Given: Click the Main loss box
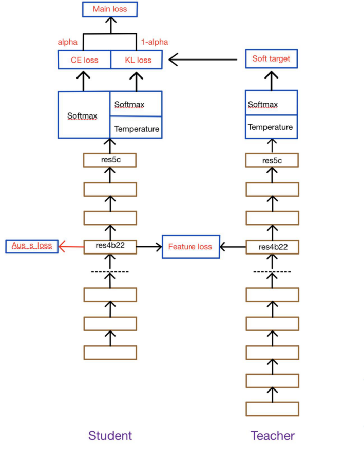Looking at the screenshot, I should [x=109, y=9].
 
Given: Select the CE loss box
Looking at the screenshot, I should [x=84, y=60].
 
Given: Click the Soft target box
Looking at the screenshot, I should [x=271, y=58].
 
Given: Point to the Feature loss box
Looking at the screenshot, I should [x=190, y=247].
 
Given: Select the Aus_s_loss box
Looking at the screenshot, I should [x=32, y=246].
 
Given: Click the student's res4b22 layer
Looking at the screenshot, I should [x=110, y=246].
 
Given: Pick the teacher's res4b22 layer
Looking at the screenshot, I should [x=272, y=247].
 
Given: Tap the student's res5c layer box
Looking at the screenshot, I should [x=110, y=160].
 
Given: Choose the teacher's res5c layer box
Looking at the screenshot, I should [x=272, y=161].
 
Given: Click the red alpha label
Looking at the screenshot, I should [x=67, y=42].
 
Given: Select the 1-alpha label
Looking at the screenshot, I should [x=154, y=42].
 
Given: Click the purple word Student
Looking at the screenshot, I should [x=110, y=436].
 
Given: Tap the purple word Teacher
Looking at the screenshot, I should [x=273, y=436].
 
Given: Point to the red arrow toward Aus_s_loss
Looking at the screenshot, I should [x=71, y=246].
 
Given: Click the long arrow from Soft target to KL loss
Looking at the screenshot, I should [x=203, y=60].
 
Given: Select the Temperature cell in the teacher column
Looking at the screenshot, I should [x=271, y=127].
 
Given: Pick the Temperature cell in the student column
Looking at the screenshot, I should [x=137, y=129].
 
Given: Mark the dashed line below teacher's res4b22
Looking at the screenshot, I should [x=272, y=271].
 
